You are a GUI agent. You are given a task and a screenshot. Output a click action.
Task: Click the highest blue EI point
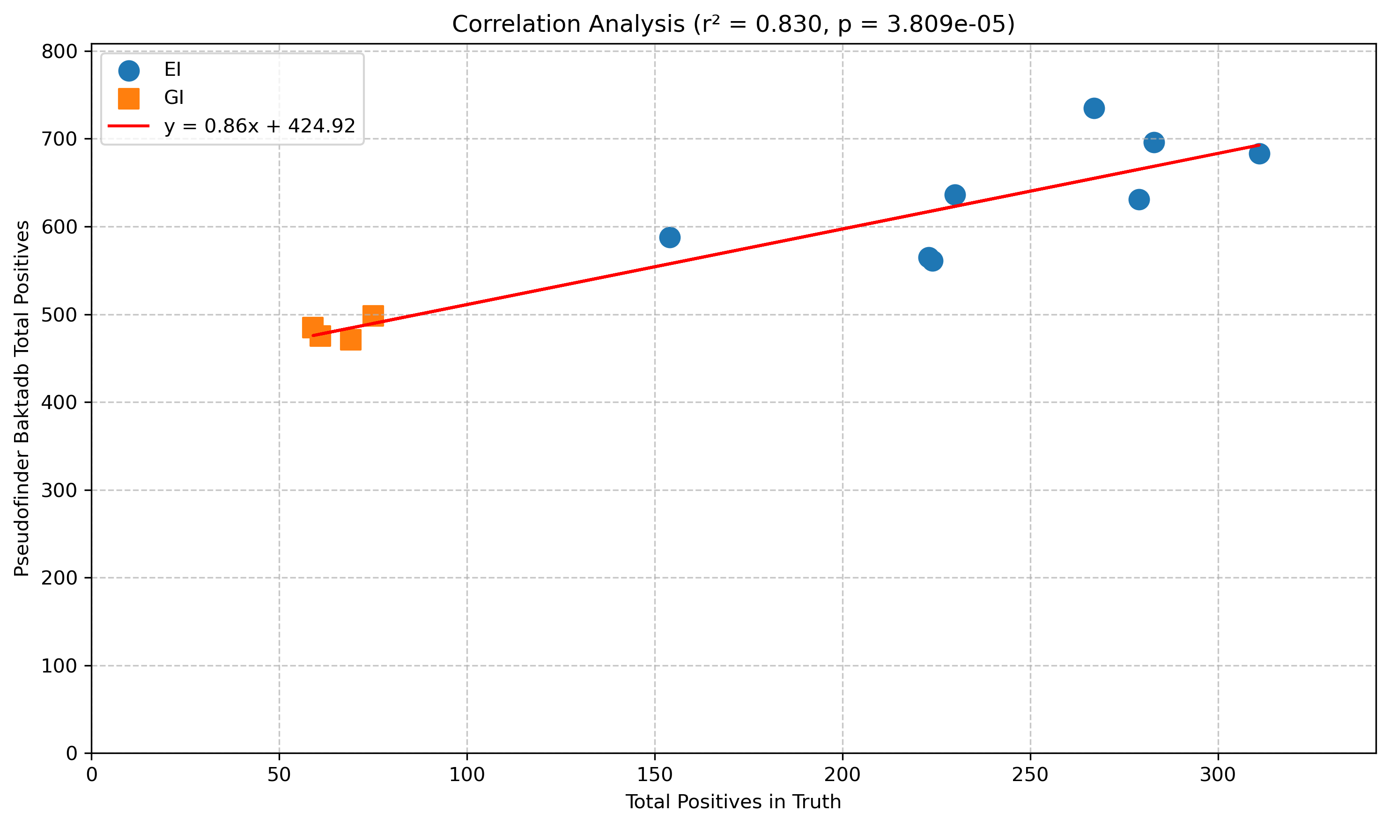[x=1094, y=108]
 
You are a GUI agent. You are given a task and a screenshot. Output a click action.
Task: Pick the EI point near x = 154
[x=669, y=238]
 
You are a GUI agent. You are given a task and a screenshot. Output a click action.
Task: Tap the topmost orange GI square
[x=373, y=315]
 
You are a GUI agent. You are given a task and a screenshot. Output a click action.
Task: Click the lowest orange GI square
[x=350, y=340]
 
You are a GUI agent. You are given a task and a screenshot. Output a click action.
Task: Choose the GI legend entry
[x=174, y=98]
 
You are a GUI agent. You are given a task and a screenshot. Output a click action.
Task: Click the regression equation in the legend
[x=259, y=126]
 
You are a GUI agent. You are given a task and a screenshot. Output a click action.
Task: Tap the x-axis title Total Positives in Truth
[x=733, y=802]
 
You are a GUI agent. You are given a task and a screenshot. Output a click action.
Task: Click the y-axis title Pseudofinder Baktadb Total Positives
[x=22, y=399]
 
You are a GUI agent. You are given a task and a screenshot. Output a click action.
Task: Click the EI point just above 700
[x=1154, y=142]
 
